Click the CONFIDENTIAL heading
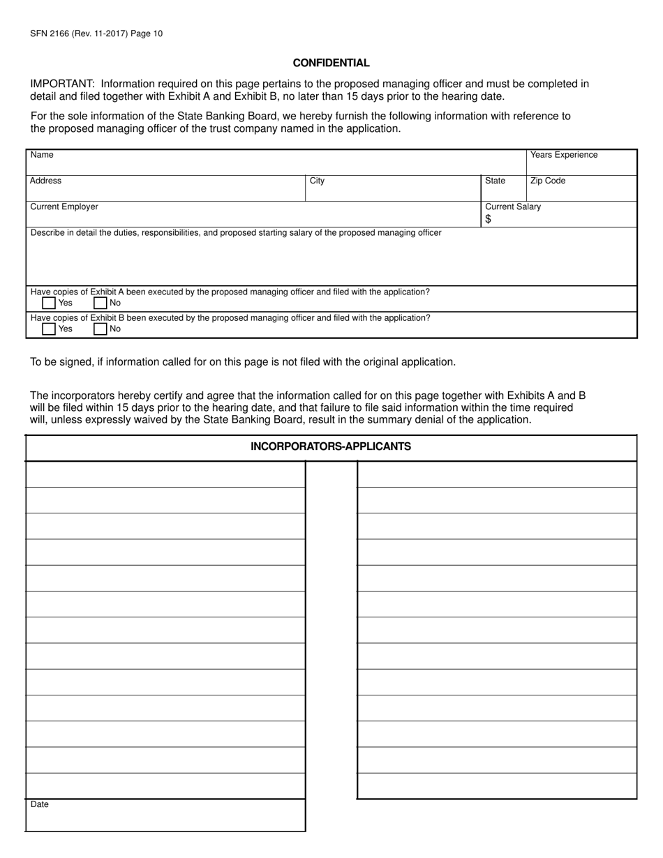pos(331,63)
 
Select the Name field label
pos(42,155)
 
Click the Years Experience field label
pos(564,155)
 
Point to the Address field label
pos(45,181)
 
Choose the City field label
pos(317,181)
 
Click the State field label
pos(495,181)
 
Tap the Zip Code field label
pos(548,181)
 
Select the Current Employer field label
pos(64,206)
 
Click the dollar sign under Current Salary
pos(489,219)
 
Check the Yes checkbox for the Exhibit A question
pos(49,303)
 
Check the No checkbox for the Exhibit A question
pos(100,303)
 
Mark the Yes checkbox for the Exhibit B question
pos(49,329)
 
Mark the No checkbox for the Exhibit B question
pos(100,329)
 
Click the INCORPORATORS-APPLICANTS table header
pos(331,446)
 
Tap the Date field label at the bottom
pos(40,804)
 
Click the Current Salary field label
pos(513,206)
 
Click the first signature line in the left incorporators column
pos(165,474)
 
